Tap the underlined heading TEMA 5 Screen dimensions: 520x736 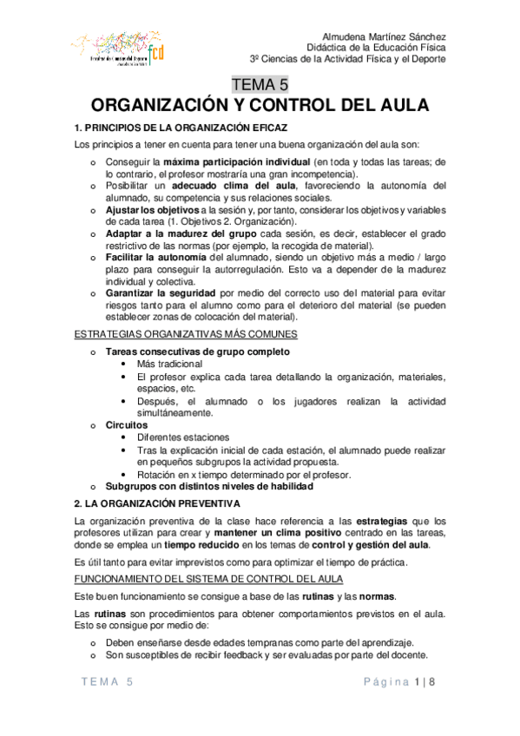click(x=260, y=85)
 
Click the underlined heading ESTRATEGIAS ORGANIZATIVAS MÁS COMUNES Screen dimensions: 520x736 click(x=188, y=334)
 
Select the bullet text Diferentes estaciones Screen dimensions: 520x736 click(x=183, y=437)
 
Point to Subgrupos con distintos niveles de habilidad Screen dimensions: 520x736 click(x=204, y=486)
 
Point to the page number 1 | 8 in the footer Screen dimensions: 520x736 click(x=425, y=684)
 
